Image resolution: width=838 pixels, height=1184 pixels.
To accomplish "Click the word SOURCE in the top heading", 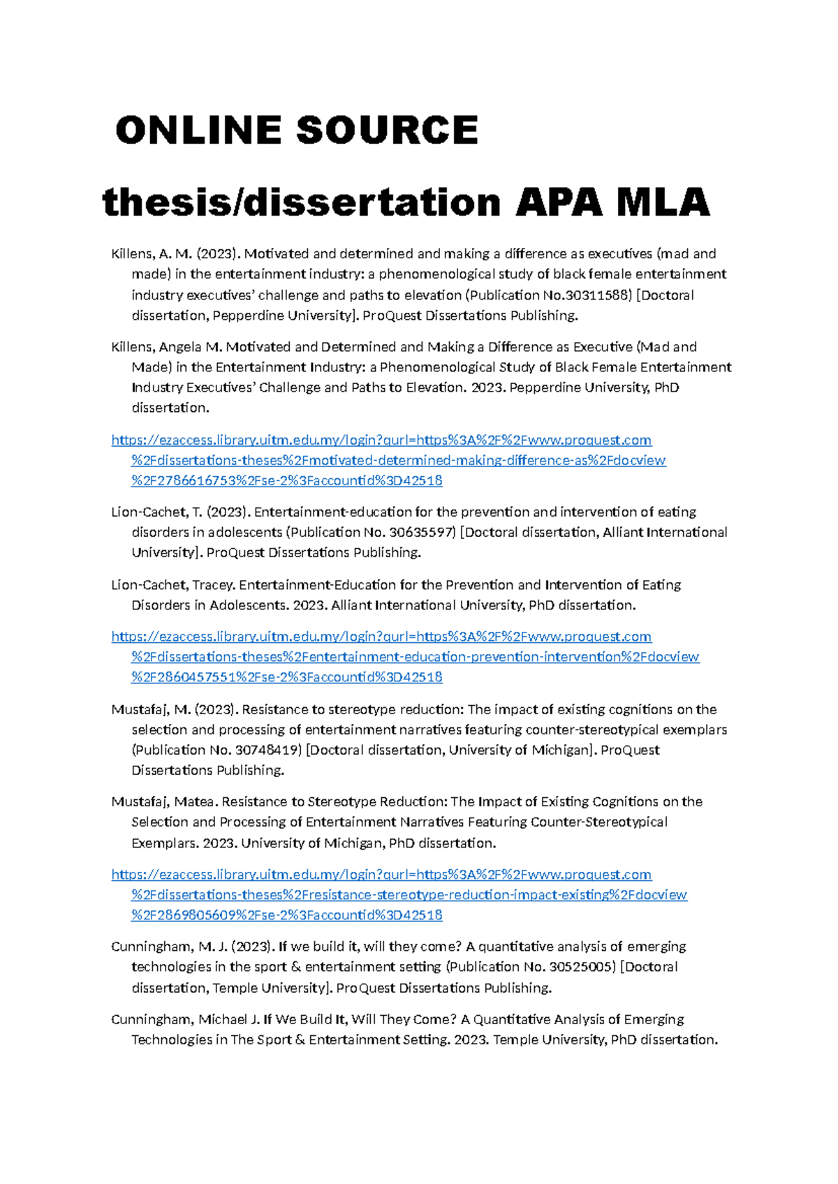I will pos(386,131).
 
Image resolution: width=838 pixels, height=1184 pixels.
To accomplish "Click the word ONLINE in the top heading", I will pos(200,131).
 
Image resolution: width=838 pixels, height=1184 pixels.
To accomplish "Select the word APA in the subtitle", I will pos(559,202).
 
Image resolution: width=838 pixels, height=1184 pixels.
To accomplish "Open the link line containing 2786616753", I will pos(286,481).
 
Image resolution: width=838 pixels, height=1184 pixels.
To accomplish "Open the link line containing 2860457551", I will pos(286,677).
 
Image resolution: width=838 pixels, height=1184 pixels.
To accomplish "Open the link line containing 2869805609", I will pos(286,915).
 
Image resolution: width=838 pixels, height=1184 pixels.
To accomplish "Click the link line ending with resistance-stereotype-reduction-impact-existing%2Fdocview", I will pos(409,895).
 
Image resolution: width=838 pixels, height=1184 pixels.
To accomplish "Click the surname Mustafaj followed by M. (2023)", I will pos(140,709).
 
